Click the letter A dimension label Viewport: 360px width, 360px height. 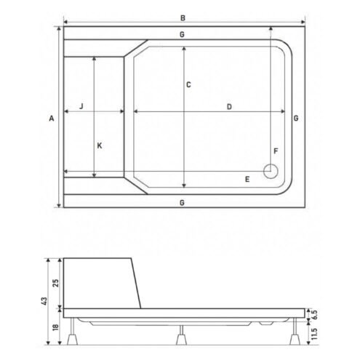[52, 119]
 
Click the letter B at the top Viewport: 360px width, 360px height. [183, 18]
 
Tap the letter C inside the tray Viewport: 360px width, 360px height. [188, 85]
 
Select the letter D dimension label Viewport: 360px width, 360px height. [229, 107]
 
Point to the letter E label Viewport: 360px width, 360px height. [247, 180]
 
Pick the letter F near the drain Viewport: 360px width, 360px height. [276, 151]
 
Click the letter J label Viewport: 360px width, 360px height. [81, 106]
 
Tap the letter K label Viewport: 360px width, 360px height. [100, 145]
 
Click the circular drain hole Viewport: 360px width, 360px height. [271, 171]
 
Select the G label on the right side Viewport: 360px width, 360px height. [296, 119]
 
